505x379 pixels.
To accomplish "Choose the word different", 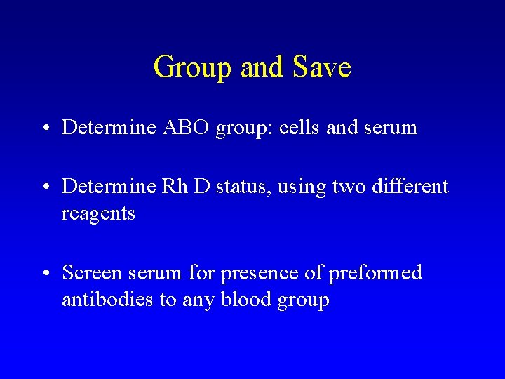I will pos(410,187).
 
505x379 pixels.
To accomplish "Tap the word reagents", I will pos(98,213).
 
